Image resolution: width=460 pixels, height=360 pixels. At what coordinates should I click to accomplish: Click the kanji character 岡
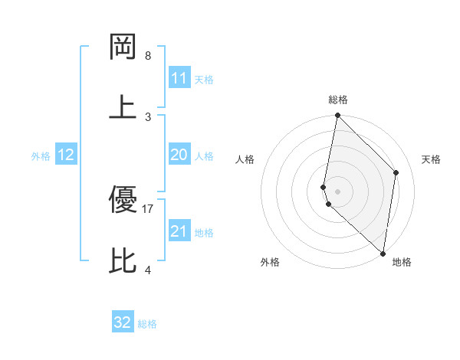click(x=123, y=47)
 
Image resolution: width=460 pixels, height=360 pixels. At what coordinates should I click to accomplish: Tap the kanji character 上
click(x=123, y=106)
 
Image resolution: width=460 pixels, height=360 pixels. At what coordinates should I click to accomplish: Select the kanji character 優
click(x=123, y=200)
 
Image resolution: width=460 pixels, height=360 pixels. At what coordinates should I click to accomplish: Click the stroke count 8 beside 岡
click(x=148, y=56)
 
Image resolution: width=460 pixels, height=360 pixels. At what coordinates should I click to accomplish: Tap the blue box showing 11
click(x=179, y=78)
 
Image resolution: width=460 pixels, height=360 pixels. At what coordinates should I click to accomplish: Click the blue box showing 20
click(x=179, y=155)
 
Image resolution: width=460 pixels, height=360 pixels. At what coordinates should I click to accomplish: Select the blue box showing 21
click(x=179, y=231)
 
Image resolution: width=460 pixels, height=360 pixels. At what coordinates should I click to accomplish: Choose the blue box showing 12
click(x=66, y=155)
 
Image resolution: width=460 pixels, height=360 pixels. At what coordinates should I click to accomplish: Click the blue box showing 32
click(x=123, y=322)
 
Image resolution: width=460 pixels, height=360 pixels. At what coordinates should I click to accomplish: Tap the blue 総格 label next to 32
click(x=148, y=324)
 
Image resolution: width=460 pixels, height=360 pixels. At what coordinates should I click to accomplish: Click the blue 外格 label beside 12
click(x=41, y=156)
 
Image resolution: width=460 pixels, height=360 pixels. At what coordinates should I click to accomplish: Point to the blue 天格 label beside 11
click(x=204, y=80)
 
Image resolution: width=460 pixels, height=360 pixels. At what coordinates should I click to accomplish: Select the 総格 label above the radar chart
click(x=338, y=100)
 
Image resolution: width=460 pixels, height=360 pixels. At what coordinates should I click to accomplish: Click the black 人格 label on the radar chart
click(x=245, y=159)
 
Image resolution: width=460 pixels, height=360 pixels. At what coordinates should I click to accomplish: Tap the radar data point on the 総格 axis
click(x=337, y=116)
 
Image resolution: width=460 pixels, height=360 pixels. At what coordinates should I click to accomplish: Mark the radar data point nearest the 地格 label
click(x=383, y=254)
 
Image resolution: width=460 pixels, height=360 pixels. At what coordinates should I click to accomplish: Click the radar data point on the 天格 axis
click(x=396, y=172)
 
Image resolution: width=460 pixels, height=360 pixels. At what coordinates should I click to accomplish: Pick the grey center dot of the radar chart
click(x=337, y=191)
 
